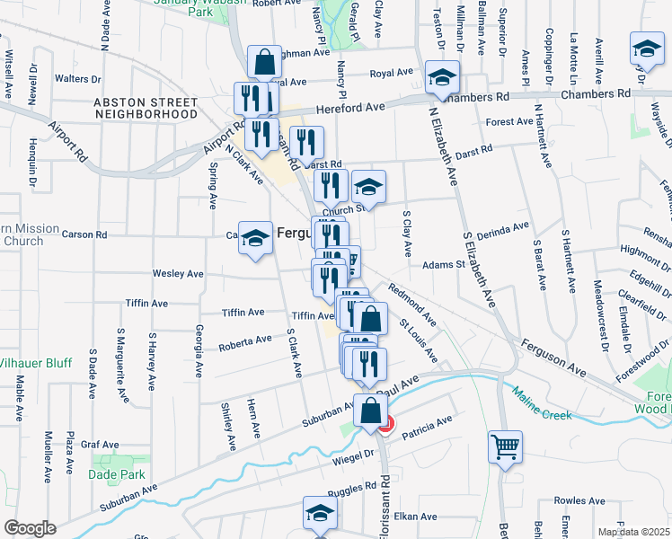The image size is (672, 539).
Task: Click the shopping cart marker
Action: point(506,446)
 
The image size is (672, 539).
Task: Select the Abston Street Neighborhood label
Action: point(146,109)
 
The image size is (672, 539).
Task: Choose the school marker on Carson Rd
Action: point(255,238)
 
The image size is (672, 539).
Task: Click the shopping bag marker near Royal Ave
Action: point(265,63)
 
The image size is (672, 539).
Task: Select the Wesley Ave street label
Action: point(178,273)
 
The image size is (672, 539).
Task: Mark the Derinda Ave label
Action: point(504,231)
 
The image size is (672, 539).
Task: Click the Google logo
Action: point(30,528)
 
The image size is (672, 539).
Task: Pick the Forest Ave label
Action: point(509,122)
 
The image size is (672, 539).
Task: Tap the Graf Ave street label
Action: point(99,444)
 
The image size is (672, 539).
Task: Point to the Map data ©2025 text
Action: point(633,532)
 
